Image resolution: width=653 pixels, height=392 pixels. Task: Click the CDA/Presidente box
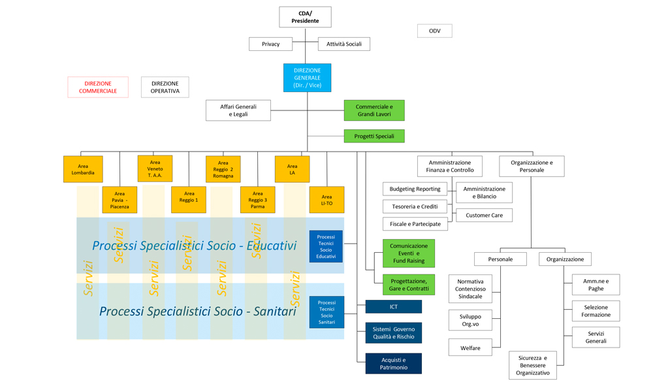point(305,17)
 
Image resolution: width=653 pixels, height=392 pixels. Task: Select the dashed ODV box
point(434,31)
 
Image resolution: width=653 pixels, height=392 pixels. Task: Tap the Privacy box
point(270,44)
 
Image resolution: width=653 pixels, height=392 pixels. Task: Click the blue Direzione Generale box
point(307,78)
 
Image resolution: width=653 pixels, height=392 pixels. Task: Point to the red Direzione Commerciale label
point(98,87)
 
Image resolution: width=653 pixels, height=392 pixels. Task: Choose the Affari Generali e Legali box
point(238,110)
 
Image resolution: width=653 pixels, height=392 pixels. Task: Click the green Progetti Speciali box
point(374,136)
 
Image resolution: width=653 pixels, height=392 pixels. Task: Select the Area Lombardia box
point(83,169)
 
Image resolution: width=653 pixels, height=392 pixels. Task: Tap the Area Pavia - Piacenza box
point(119,200)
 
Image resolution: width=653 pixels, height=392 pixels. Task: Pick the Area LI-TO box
point(326,200)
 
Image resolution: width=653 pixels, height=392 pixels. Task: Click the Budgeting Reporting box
point(415,189)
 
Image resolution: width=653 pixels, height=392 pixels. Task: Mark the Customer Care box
point(484,215)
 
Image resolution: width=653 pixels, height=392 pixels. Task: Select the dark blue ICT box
point(393,306)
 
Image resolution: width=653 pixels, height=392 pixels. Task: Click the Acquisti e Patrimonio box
point(393,363)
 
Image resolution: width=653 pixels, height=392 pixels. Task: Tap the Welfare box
point(470,348)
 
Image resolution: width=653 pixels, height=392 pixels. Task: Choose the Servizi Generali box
point(595,337)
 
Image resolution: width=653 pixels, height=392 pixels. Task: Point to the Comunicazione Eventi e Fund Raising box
point(408,253)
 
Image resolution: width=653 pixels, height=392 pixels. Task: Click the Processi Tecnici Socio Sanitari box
point(326,312)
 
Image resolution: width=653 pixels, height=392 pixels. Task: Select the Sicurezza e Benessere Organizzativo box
point(533,365)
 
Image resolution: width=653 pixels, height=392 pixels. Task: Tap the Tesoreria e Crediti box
point(415,206)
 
